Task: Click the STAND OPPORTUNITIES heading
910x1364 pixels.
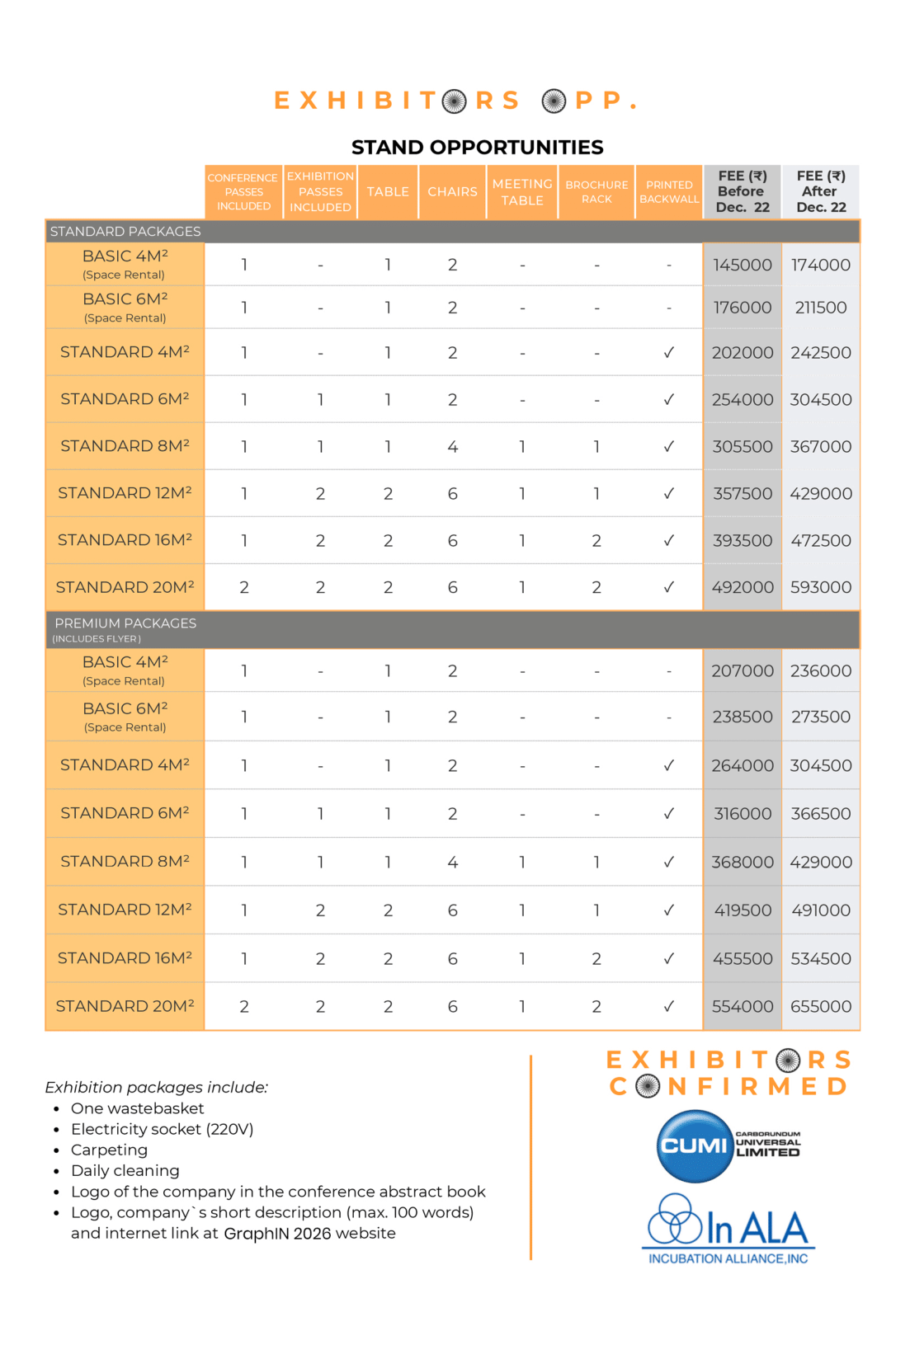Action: coord(477,148)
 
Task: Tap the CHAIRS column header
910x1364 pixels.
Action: coord(452,192)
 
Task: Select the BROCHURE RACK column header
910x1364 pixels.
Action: coord(596,192)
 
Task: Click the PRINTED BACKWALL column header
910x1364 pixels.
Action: coord(669,192)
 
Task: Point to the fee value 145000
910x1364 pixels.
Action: coord(743,265)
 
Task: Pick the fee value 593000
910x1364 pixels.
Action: coord(821,587)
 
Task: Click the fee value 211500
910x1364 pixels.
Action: coord(821,308)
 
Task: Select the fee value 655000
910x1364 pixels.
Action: coord(821,1006)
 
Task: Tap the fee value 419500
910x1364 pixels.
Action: coord(743,910)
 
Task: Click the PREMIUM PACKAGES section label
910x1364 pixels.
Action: coord(125,623)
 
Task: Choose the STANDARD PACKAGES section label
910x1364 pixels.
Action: coord(125,232)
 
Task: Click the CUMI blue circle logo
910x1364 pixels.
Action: coord(695,1146)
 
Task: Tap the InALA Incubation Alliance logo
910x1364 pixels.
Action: coord(728,1229)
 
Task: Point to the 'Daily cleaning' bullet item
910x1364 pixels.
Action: coord(125,1171)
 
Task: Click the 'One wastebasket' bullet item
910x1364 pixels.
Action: coord(138,1108)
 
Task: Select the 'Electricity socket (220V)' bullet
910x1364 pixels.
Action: coord(162,1129)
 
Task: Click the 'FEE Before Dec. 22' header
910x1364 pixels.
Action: coord(743,192)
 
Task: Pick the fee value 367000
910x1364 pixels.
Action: coord(821,446)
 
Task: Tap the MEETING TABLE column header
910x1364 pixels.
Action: coord(522,192)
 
